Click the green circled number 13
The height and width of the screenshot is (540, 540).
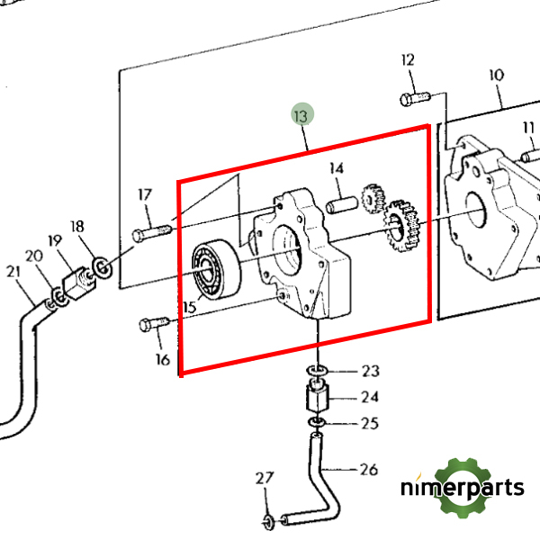click(301, 115)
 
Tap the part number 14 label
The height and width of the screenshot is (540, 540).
click(337, 168)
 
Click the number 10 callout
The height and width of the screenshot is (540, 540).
click(496, 75)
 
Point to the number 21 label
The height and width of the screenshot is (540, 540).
click(13, 272)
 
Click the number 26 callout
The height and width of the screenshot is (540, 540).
click(369, 468)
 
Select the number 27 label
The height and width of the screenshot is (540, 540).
click(263, 477)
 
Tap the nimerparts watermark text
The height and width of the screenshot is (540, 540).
click(462, 489)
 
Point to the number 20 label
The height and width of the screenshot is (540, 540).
click(33, 256)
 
